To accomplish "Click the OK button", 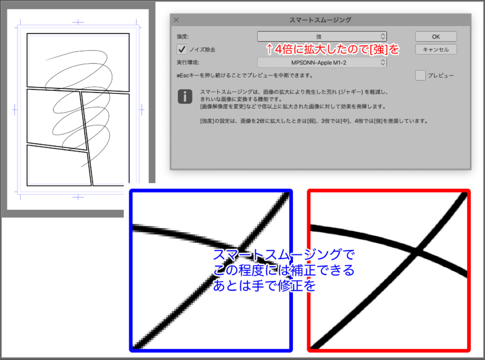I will point(436,36).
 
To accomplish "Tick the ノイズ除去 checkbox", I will point(182,49).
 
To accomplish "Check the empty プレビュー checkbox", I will point(420,75).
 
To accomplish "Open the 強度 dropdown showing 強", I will point(322,36).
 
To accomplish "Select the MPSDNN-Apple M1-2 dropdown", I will point(322,63).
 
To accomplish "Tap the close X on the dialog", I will point(176,20).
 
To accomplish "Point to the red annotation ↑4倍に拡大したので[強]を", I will point(332,49).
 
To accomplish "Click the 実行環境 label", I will point(188,63).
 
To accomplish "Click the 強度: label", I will point(182,36).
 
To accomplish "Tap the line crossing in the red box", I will point(416,251).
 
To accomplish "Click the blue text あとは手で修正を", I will point(264,286).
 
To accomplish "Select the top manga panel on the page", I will point(78,62).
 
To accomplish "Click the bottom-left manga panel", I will point(58,166).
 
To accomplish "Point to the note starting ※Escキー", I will point(245,76).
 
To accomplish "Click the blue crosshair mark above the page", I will point(78,22).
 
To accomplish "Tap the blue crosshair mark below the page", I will point(78,196).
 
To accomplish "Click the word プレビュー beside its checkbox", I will point(441,76).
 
